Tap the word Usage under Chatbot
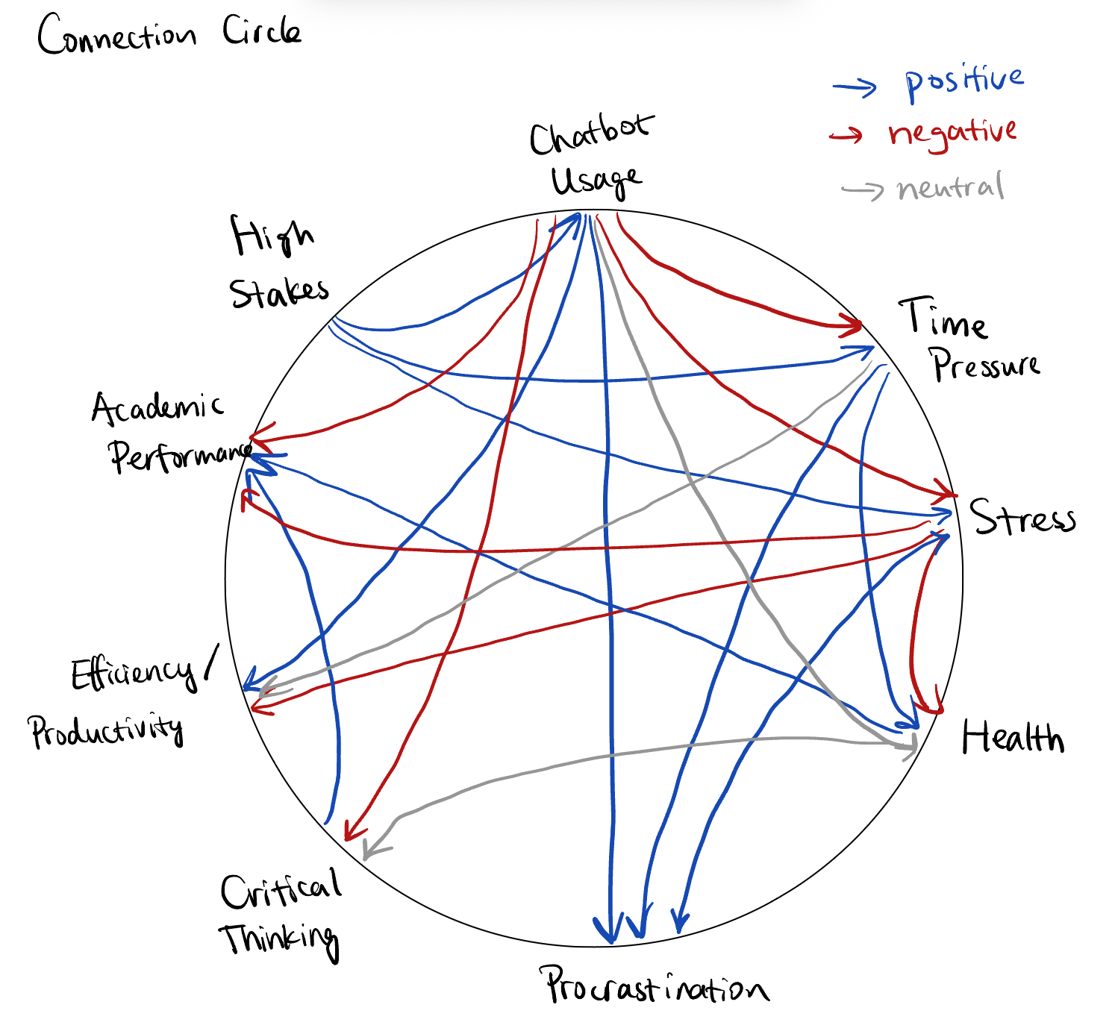(595, 181)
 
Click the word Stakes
(279, 292)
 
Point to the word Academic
(157, 407)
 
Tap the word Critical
(281, 889)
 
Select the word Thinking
(279, 940)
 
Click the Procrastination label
(655, 986)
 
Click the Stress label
(1022, 517)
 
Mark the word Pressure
(985, 365)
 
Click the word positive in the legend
(963, 82)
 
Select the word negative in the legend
(952, 134)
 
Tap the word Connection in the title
(117, 36)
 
